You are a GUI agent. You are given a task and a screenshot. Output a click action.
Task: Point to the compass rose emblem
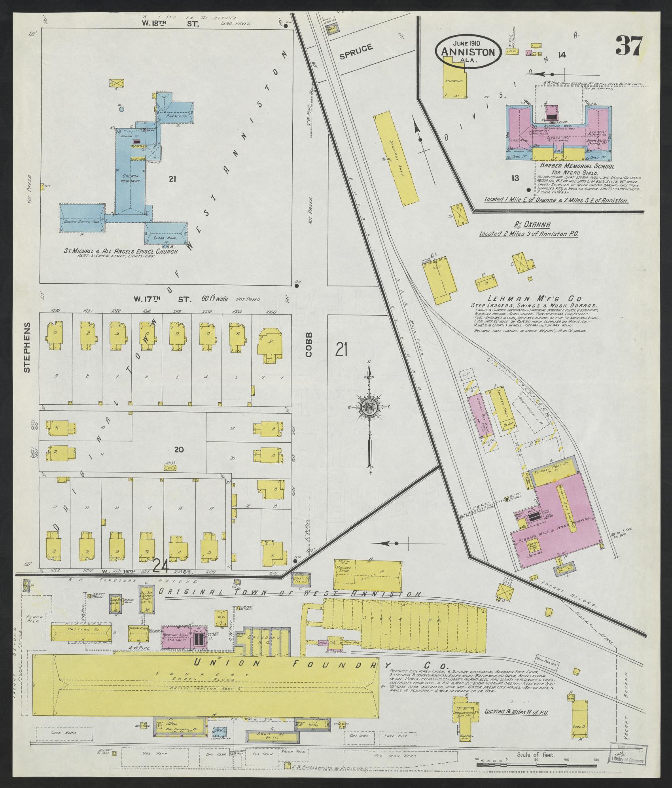point(368,406)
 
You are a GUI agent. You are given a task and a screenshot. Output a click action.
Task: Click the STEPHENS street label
point(27,347)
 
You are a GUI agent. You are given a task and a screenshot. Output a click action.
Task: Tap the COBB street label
point(309,344)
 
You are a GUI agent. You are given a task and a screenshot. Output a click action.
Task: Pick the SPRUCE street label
point(356,51)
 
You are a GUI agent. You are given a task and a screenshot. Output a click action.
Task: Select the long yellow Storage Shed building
point(396,158)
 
